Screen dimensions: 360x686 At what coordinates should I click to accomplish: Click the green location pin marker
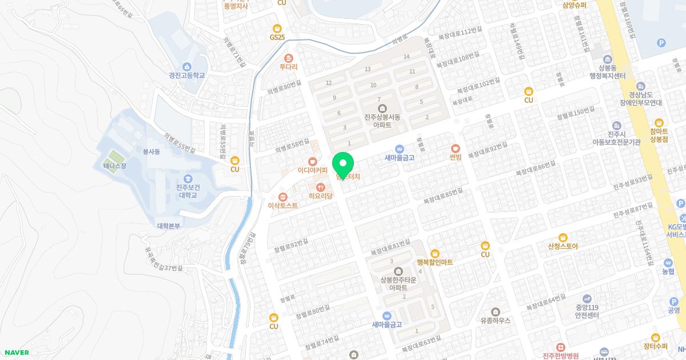(342, 165)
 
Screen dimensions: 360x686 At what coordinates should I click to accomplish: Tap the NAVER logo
(15, 353)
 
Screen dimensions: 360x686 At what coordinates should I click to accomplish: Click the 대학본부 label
(169, 226)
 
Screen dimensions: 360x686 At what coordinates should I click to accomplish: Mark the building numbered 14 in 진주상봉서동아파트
(406, 57)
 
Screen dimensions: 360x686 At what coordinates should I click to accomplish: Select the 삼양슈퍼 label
(575, 5)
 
